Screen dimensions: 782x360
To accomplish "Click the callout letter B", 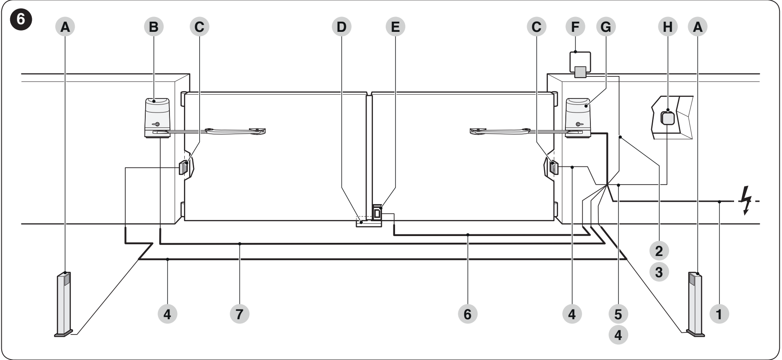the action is [x=154, y=27].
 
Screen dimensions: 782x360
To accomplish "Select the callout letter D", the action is [x=342, y=27].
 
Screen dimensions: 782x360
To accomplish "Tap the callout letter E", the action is [x=395, y=27].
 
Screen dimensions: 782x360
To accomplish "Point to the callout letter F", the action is [x=575, y=27].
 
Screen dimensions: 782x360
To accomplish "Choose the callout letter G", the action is [x=606, y=27].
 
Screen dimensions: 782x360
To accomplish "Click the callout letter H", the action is [x=668, y=27].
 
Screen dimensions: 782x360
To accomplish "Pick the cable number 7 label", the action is [x=240, y=314].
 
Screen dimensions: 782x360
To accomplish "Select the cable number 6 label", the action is [x=467, y=314].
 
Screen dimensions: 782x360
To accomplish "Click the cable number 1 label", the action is [x=719, y=314].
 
